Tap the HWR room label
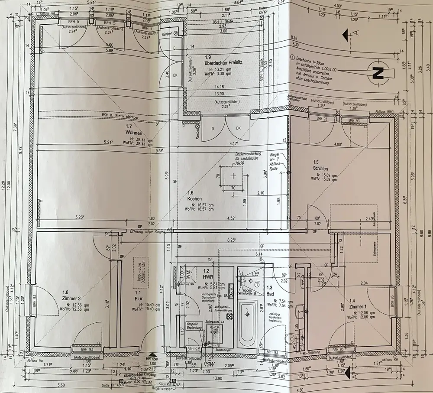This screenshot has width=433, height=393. pyautogui.click(x=206, y=276)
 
